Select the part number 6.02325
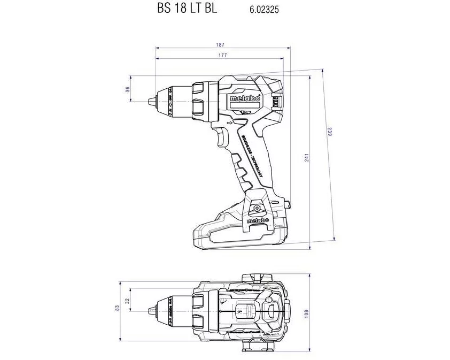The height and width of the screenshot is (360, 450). pyautogui.click(x=264, y=9)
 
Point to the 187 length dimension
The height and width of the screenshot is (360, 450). pyautogui.click(x=220, y=44)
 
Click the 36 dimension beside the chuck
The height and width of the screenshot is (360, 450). pyautogui.click(x=128, y=89)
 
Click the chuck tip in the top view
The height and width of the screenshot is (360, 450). pyautogui.click(x=150, y=310)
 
